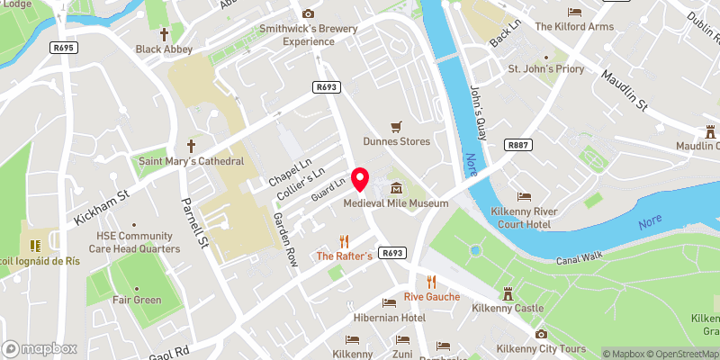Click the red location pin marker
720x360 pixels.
pyautogui.click(x=361, y=179)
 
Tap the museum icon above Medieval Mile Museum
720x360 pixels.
pyautogui.click(x=396, y=188)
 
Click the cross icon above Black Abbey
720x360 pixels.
pyautogui.click(x=164, y=34)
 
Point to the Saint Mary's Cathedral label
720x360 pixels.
pyautogui.click(x=191, y=161)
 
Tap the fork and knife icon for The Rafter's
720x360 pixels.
pyautogui.click(x=344, y=241)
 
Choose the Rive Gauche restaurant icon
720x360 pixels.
pyautogui.click(x=431, y=282)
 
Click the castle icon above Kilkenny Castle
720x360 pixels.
pyautogui.click(x=508, y=293)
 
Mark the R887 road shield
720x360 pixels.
pyautogui.click(x=517, y=144)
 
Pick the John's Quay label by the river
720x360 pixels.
pyautogui.click(x=478, y=112)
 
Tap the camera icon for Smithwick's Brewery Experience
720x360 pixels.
pyautogui.click(x=308, y=13)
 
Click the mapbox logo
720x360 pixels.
pyautogui.click(x=40, y=348)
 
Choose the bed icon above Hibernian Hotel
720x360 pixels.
pyautogui.click(x=389, y=303)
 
